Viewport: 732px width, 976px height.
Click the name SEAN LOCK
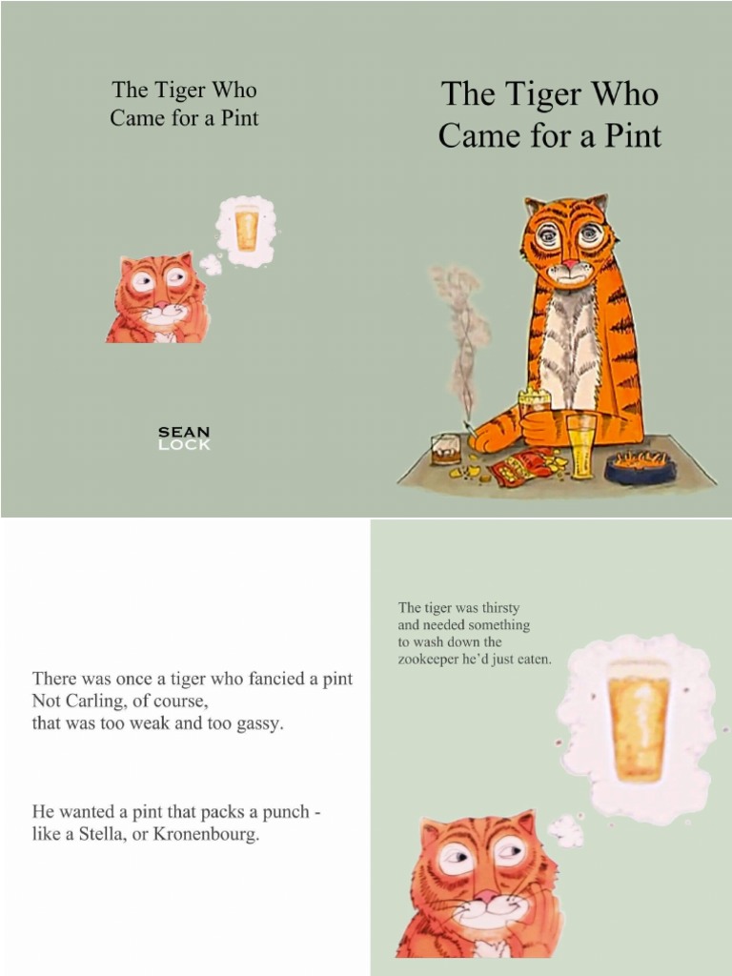(184, 438)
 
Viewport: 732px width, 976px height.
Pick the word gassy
(258, 724)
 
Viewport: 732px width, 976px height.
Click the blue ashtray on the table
(640, 465)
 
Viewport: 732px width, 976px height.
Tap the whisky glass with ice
(446, 448)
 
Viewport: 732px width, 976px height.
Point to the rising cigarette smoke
(461, 334)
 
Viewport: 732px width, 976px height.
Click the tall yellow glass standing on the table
(579, 445)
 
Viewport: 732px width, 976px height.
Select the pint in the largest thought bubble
(638, 720)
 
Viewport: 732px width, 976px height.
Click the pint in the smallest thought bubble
(246, 229)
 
